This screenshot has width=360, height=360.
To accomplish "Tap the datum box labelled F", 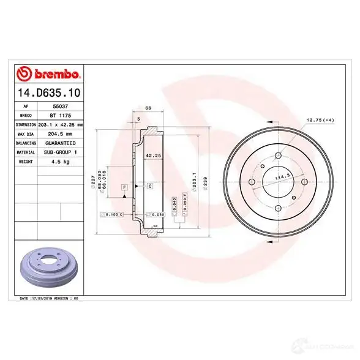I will (125, 186).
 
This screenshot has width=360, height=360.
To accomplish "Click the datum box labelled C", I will (149, 186).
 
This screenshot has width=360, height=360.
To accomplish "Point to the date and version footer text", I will (50, 298).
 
